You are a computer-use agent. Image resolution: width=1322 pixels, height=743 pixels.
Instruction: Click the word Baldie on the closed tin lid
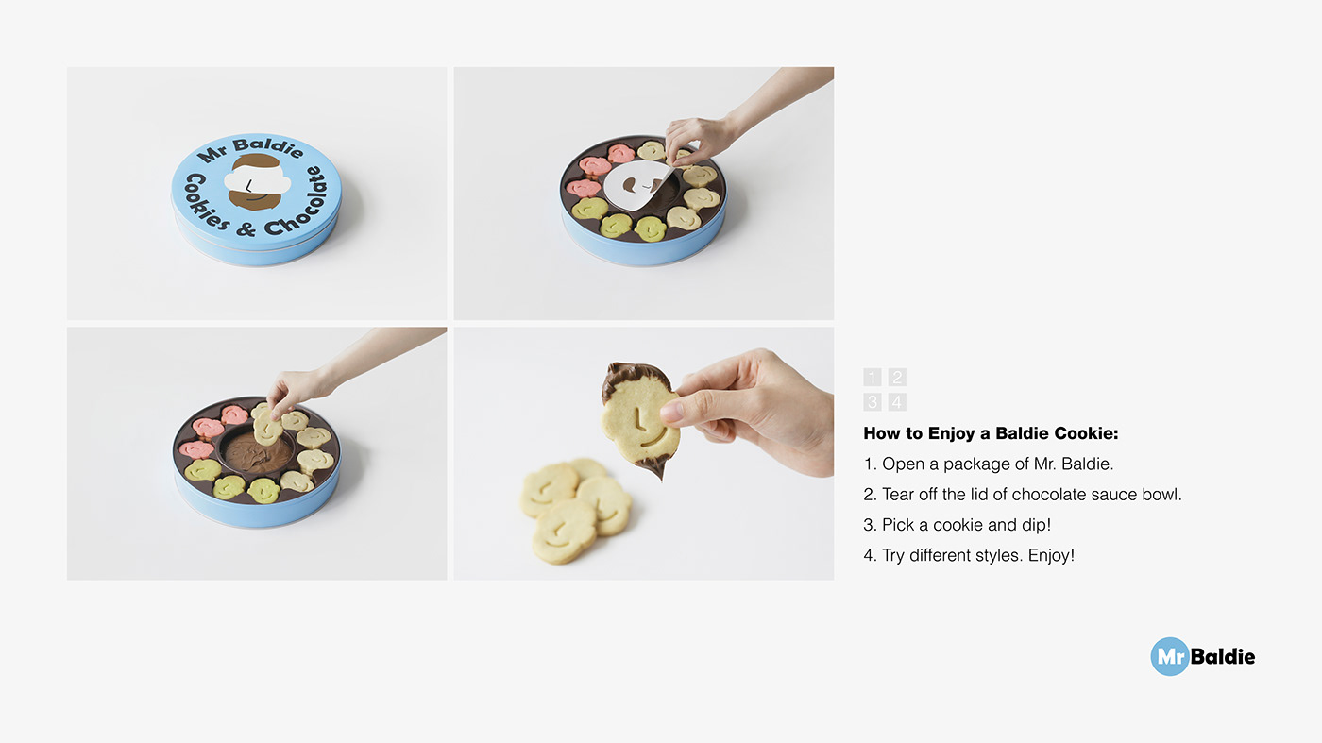(x=268, y=147)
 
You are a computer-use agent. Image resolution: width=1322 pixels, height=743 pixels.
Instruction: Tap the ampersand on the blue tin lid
(x=246, y=228)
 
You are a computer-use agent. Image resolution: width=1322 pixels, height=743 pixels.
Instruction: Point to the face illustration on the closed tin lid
(x=257, y=182)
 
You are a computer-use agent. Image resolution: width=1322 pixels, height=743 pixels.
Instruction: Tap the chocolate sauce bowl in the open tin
(x=258, y=452)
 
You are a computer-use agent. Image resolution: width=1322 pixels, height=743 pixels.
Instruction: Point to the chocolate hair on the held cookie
(x=635, y=378)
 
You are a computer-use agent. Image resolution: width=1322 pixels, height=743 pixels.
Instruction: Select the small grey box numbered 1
(x=872, y=377)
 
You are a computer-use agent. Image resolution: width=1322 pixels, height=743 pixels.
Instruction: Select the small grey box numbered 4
(x=897, y=402)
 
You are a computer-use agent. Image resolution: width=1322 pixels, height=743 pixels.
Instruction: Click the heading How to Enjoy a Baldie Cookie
(x=991, y=433)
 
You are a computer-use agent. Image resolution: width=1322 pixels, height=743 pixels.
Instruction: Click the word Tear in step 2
(x=898, y=494)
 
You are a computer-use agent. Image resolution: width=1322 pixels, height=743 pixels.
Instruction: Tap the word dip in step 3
(x=1035, y=525)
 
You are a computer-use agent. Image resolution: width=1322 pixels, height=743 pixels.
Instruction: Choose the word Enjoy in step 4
(x=1051, y=555)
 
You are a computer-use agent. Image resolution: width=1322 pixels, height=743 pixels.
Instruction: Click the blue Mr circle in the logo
(x=1169, y=656)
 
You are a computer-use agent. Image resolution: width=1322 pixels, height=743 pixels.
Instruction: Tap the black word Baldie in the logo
(x=1223, y=656)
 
